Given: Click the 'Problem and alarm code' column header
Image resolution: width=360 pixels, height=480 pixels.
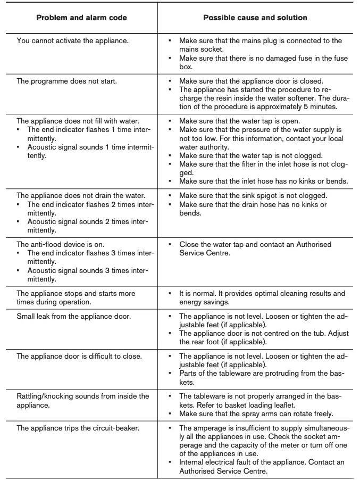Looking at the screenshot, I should pos(81,18).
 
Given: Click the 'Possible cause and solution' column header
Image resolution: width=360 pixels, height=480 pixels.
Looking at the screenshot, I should pos(255,18).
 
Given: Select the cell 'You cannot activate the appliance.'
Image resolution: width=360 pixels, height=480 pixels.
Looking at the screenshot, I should pos(72,40).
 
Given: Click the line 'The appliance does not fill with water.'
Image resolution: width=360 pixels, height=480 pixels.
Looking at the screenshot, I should pos(78,121).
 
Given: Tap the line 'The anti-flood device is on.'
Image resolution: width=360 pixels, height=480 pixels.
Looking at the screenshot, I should pos(61,244).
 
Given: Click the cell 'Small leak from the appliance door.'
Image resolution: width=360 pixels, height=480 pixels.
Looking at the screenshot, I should pos(74,317).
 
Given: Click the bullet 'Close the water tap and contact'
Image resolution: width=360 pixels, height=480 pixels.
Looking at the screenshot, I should pos(255,244).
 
